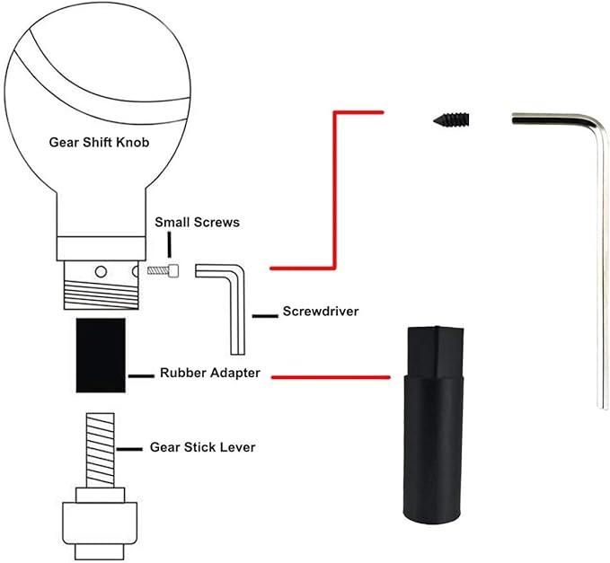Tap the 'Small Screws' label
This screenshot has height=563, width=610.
pos(197,222)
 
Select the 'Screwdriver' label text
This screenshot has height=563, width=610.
pos(321,312)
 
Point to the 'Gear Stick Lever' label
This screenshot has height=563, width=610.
pos(203,446)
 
